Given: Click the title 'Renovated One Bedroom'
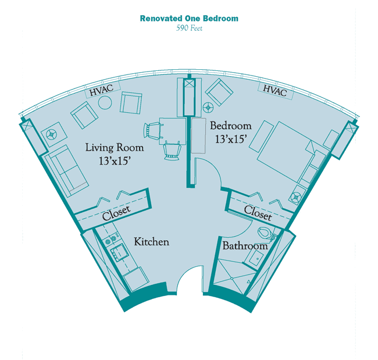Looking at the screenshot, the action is click(189, 19).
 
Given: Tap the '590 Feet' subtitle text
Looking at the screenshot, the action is click(189, 28).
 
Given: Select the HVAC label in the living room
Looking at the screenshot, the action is click(102, 90).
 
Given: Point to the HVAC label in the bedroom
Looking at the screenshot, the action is click(275, 90).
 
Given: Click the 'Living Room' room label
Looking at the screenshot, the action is click(115, 147).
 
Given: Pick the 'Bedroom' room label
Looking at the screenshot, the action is click(231, 126).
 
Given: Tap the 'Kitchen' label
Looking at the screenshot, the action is click(151, 241).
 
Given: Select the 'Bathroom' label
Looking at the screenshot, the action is click(245, 245).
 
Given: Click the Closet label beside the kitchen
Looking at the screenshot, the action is click(116, 213).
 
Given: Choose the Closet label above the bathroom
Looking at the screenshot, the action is click(258, 213).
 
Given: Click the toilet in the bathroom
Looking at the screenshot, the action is click(266, 233).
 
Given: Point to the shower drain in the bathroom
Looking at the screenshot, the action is click(231, 278).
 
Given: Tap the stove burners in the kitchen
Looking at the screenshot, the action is click(111, 238).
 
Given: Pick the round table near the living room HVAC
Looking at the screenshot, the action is click(105, 102).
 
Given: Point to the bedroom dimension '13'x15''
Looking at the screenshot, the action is click(231, 139).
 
